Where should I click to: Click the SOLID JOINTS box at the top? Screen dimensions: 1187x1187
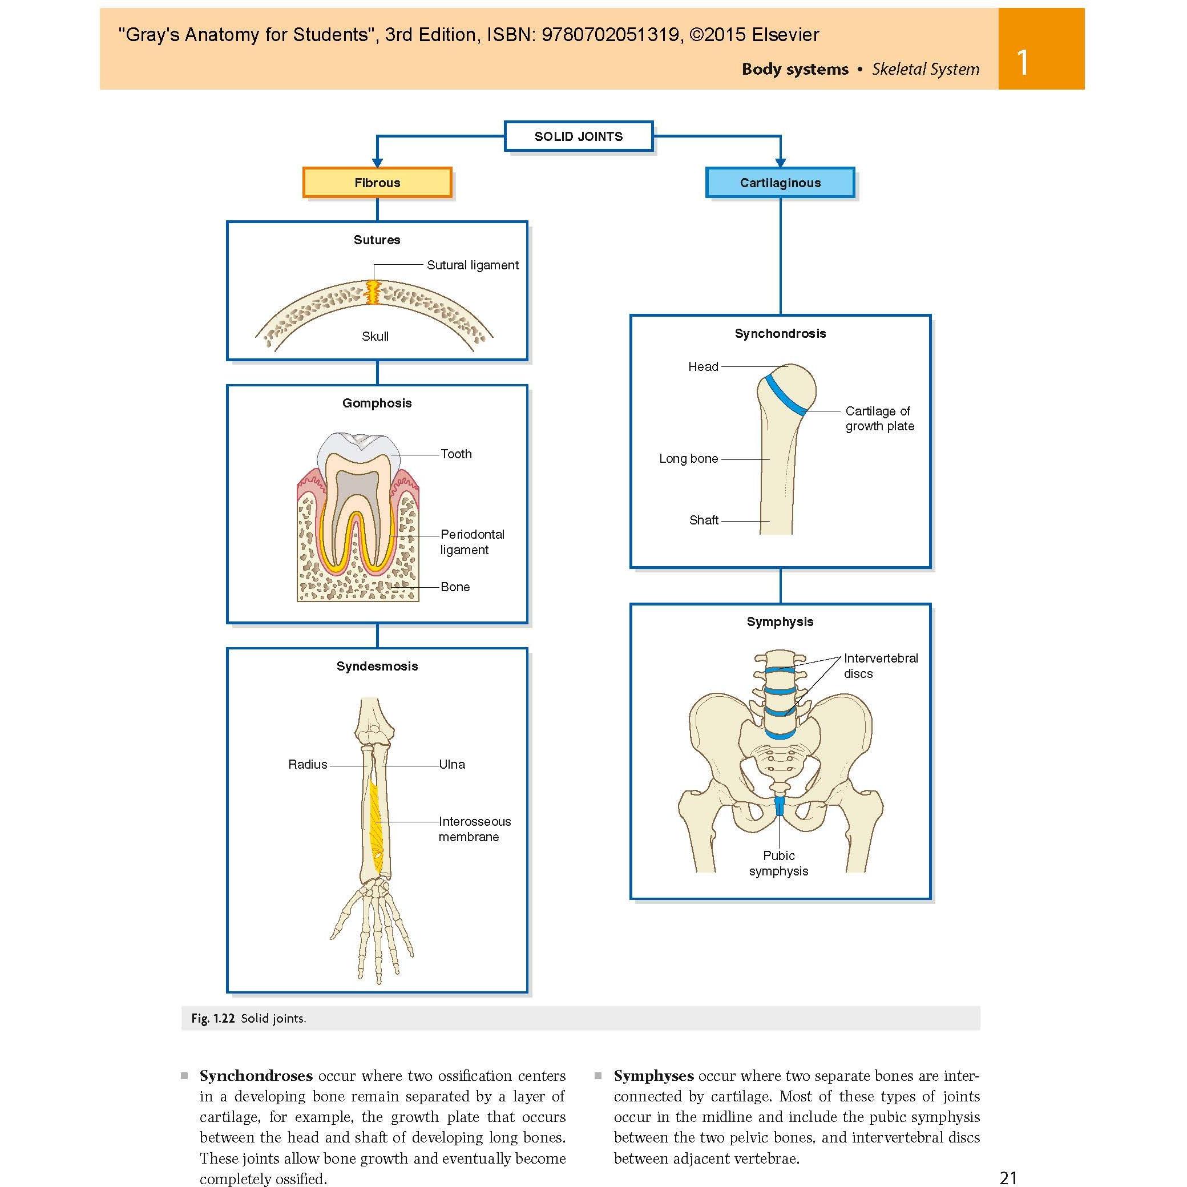[x=578, y=136]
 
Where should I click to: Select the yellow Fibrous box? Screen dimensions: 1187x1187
[x=377, y=183]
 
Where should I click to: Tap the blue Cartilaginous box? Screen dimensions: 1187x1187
[x=780, y=183]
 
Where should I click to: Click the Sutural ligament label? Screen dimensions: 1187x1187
[x=473, y=265]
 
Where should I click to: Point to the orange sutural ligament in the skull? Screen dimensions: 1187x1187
[x=373, y=292]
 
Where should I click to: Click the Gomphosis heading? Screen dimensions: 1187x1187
[x=377, y=403]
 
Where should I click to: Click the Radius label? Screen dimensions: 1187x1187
[x=307, y=764]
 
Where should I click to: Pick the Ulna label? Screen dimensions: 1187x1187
[x=452, y=764]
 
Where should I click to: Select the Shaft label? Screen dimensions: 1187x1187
[x=704, y=520]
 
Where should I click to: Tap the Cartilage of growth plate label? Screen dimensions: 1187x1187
[x=879, y=418]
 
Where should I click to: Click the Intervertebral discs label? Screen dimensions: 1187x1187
[x=881, y=665]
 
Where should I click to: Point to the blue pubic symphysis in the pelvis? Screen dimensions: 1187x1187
[x=779, y=805]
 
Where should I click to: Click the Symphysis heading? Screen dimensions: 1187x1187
[x=780, y=622]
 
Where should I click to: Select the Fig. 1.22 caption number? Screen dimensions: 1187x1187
[x=213, y=1019]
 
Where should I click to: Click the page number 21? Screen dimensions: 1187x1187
[x=1008, y=1178]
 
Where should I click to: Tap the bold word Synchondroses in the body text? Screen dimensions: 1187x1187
[x=256, y=1076]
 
